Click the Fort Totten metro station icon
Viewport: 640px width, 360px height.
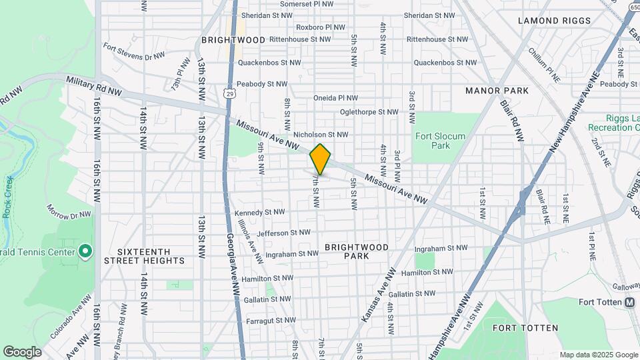(629, 302)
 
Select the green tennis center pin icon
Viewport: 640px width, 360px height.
(85, 251)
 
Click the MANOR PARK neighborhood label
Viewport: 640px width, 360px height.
(497, 91)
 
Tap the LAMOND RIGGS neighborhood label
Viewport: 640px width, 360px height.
(555, 21)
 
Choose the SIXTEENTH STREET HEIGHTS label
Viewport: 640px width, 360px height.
(143, 256)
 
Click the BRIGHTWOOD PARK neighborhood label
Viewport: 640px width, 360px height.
(357, 251)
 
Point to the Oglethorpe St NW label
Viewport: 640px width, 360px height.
(369, 112)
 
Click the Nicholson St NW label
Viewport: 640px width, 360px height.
(321, 135)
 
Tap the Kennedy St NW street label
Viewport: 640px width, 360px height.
(260, 213)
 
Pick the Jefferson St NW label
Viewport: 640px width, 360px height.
(283, 233)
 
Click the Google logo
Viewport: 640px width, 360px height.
(22, 351)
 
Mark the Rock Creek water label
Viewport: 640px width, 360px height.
(7, 197)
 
